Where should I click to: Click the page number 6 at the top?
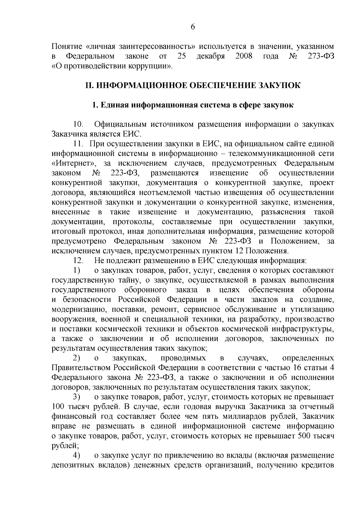193,27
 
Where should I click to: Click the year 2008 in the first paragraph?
244,56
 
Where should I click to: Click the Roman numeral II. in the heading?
90,85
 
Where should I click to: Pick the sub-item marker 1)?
77,271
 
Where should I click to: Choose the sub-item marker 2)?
77,358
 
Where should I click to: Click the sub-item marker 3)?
77,397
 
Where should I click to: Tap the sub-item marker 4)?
77,456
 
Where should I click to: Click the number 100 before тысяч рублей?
58,407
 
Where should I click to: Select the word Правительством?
81,368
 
